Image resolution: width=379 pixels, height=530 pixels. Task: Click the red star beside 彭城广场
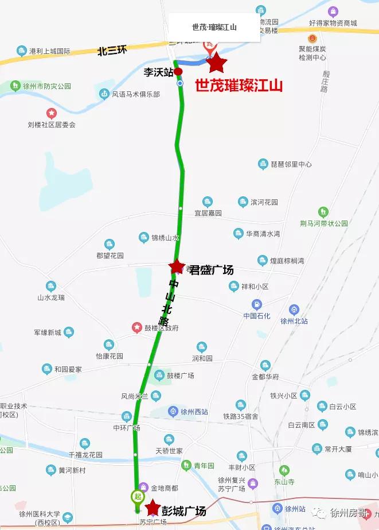point(153,508)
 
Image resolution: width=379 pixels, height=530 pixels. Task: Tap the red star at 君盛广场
point(177,266)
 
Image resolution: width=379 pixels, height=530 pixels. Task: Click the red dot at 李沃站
point(178,71)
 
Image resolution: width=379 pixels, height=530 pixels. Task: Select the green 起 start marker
point(137,496)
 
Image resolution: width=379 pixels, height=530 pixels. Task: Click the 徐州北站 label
point(294,322)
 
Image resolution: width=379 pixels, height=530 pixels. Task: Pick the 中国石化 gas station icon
point(256,304)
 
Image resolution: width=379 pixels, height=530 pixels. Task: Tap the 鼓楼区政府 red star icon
point(136,327)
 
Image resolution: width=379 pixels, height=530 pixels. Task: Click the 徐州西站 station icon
point(173,411)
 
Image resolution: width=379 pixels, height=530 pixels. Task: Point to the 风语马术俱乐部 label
point(136,94)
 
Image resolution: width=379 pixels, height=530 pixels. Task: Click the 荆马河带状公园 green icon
point(323,211)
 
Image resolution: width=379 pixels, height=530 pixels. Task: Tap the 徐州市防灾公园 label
point(48,86)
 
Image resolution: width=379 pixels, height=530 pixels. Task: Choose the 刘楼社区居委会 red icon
point(52,113)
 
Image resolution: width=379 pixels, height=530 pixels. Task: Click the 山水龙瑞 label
point(51,297)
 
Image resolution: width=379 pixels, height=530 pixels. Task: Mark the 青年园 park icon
point(186,465)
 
